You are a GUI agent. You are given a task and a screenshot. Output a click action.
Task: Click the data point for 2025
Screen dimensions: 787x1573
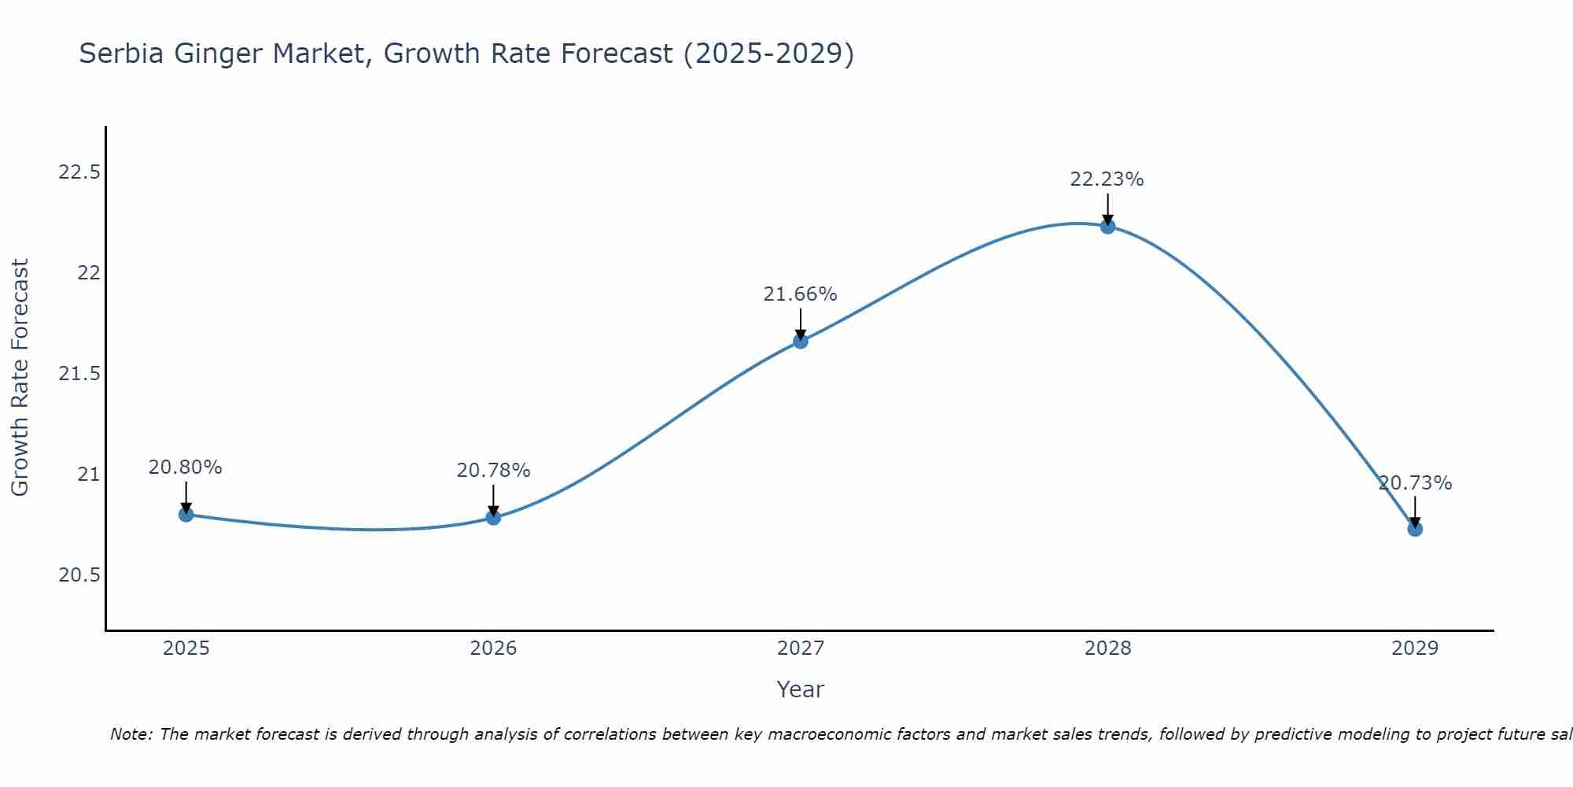pyautogui.click(x=186, y=515)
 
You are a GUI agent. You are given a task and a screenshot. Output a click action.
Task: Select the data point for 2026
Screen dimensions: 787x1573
pyautogui.click(x=493, y=517)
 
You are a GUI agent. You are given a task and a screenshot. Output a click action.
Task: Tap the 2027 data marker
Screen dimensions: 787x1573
pyautogui.click(x=801, y=341)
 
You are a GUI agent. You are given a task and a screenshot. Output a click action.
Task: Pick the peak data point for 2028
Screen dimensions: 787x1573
pyautogui.click(x=1107, y=227)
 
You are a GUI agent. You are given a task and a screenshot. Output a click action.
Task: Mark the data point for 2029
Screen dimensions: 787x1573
pyautogui.click(x=1415, y=529)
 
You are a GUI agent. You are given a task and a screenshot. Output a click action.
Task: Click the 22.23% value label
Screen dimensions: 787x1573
pyautogui.click(x=1107, y=179)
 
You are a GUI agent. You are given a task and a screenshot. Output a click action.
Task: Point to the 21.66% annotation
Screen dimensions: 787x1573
pyautogui.click(x=800, y=294)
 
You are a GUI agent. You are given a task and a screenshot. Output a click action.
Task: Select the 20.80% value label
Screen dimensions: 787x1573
pyautogui.click(x=185, y=467)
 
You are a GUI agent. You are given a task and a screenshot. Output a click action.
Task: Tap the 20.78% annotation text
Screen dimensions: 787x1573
pyautogui.click(x=493, y=471)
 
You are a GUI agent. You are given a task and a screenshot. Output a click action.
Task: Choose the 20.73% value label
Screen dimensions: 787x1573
pyautogui.click(x=1415, y=483)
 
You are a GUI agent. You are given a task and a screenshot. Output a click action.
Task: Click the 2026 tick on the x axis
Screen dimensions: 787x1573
pyautogui.click(x=493, y=648)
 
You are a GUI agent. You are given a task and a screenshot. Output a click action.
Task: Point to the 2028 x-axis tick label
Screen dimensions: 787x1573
pyautogui.click(x=1107, y=648)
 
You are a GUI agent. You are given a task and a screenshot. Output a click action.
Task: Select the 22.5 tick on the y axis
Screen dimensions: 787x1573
pyautogui.click(x=79, y=172)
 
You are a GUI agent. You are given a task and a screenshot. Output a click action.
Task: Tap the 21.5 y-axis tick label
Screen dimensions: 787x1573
pyautogui.click(x=79, y=373)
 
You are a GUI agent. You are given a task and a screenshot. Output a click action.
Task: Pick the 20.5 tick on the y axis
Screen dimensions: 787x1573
pyautogui.click(x=79, y=575)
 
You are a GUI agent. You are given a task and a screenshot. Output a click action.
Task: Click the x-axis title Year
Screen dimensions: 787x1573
pyautogui.click(x=800, y=689)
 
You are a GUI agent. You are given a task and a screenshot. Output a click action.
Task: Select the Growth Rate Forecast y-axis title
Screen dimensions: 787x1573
pyautogui.click(x=20, y=377)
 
